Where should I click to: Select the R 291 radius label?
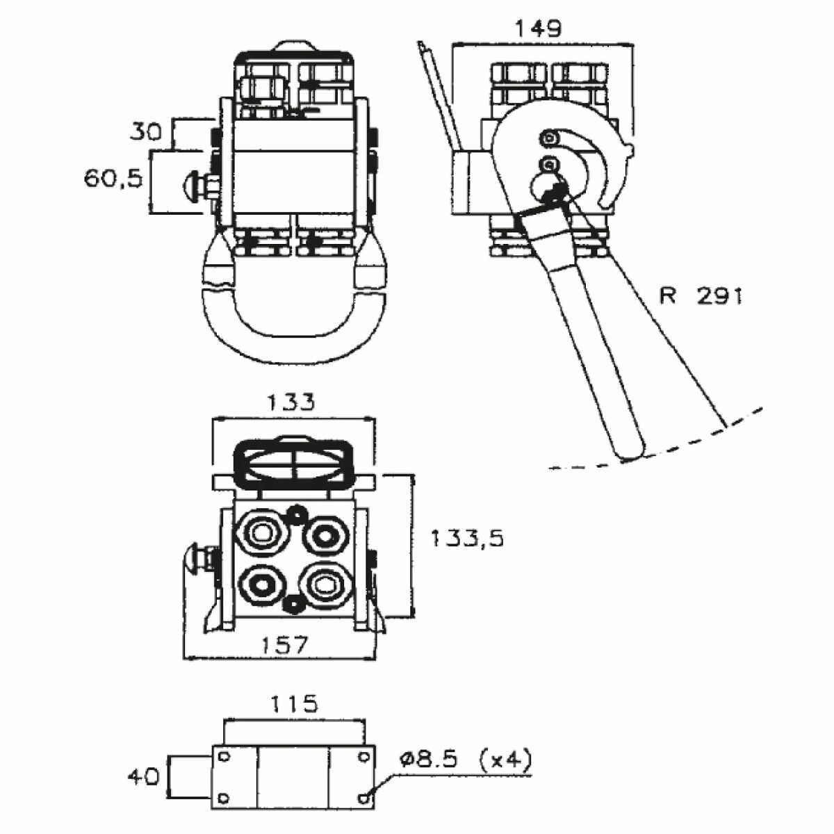pos(700,296)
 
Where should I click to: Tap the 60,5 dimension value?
pos(113,179)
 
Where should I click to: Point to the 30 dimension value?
pos(145,131)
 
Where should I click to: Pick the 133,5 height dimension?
pos(466,537)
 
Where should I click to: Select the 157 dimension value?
pos(284,646)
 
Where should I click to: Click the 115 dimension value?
pos(293,703)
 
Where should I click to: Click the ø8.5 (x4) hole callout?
pos(465,760)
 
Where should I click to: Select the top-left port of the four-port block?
pos(262,534)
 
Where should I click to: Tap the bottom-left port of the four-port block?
pos(261,584)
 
